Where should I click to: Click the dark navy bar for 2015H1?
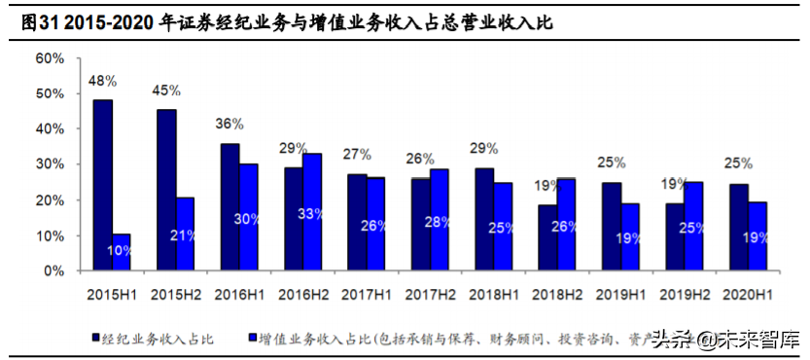(102, 185)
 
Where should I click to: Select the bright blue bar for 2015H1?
(122, 252)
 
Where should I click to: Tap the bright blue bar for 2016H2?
(313, 212)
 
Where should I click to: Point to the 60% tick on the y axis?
(49, 58)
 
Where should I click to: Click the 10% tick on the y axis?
(49, 235)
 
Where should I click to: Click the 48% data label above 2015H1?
(102, 82)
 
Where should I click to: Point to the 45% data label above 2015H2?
(166, 90)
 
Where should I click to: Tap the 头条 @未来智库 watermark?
(724, 339)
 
